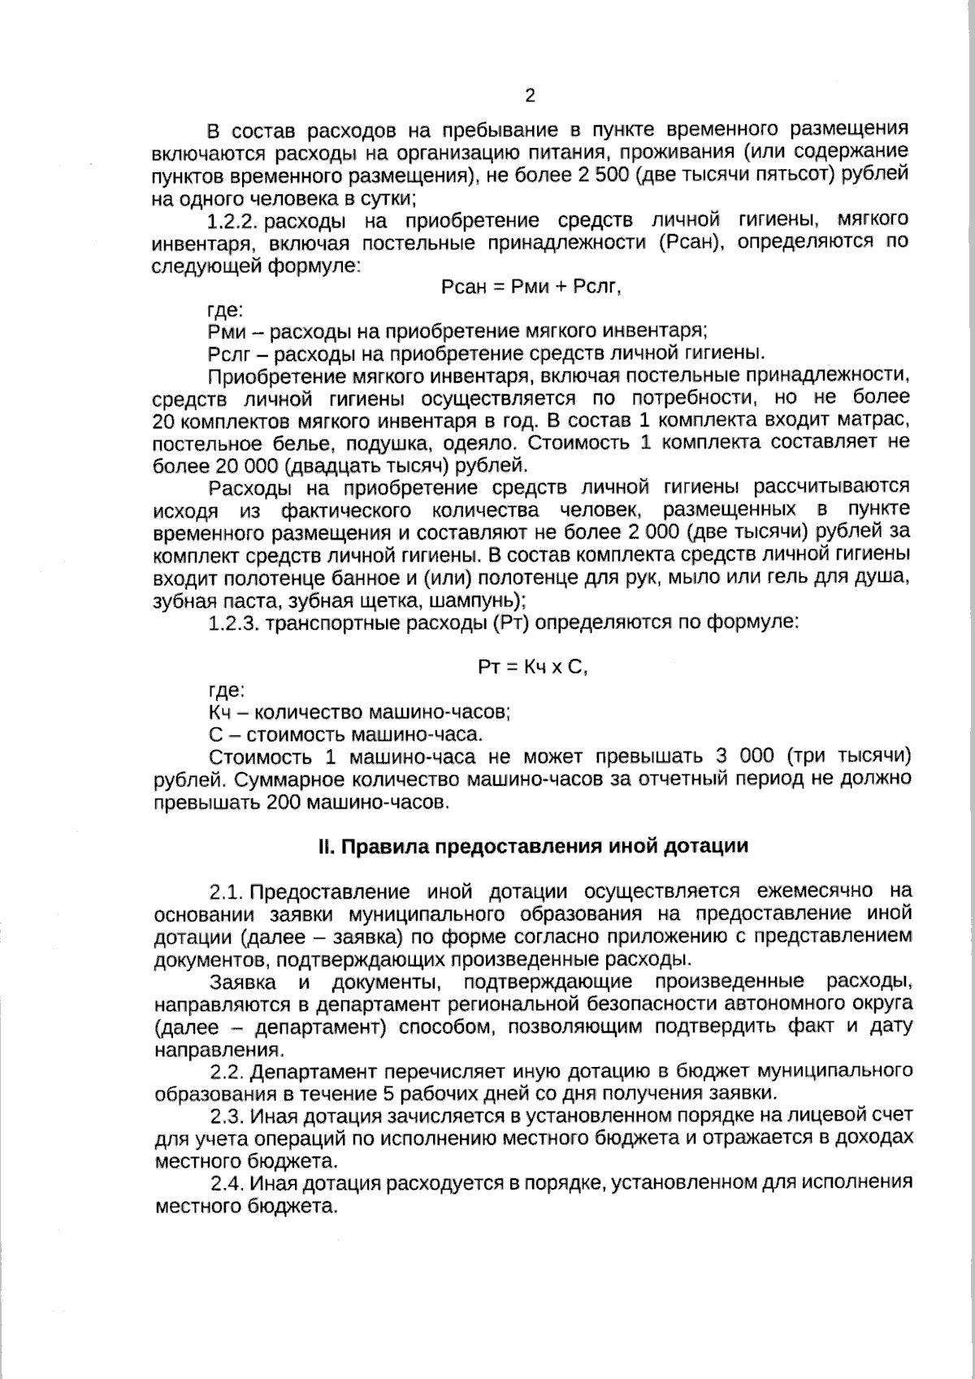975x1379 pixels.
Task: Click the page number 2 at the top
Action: point(530,96)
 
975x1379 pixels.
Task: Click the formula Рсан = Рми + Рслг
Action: point(531,287)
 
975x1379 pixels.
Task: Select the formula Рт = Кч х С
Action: point(531,667)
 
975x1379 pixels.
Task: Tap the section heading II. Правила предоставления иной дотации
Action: point(532,846)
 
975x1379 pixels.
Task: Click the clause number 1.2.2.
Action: point(233,220)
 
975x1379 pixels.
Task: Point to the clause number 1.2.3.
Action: point(233,623)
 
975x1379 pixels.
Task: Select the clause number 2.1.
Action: point(226,891)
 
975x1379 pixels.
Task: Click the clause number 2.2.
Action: point(227,1069)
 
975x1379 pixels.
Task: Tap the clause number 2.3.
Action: point(227,1114)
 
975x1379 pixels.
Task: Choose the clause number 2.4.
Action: point(228,1182)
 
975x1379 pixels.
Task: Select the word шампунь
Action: point(469,601)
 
